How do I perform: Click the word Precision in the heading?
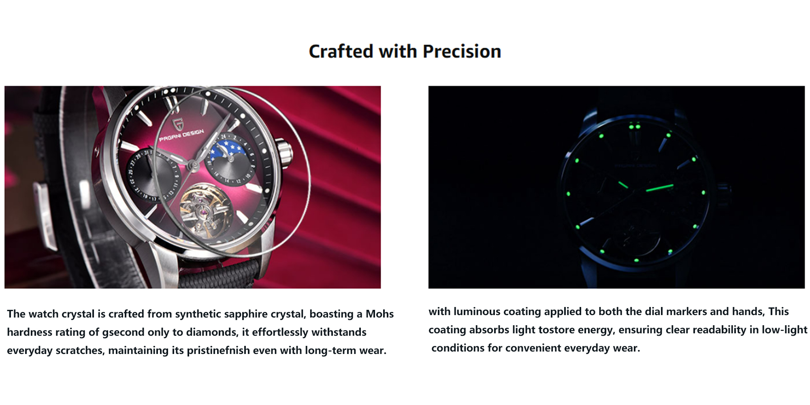(x=462, y=51)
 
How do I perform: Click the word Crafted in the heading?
(x=341, y=51)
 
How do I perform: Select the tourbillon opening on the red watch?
(x=204, y=211)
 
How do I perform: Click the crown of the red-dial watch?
(x=285, y=153)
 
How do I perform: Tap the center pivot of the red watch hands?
(x=194, y=164)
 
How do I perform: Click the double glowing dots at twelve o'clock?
(x=634, y=127)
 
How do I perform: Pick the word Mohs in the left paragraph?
(x=379, y=314)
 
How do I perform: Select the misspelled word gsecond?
(x=123, y=333)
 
